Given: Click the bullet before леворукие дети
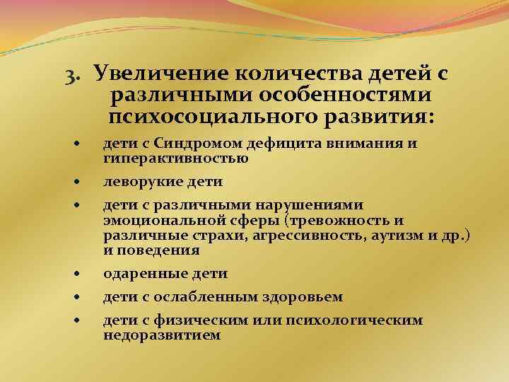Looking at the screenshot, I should click(x=77, y=183).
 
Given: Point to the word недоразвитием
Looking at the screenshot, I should click(x=162, y=335).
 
